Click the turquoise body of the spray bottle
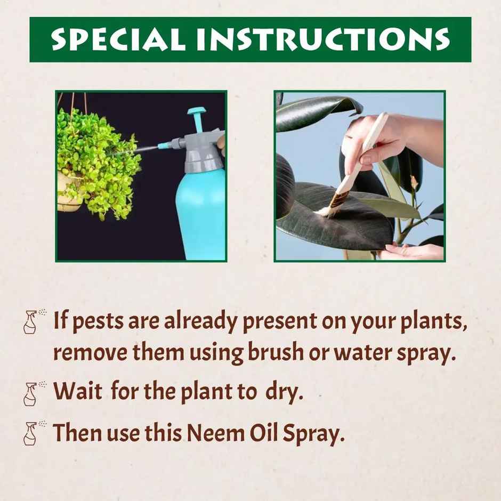point(200,213)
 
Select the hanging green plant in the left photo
point(96,160)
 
